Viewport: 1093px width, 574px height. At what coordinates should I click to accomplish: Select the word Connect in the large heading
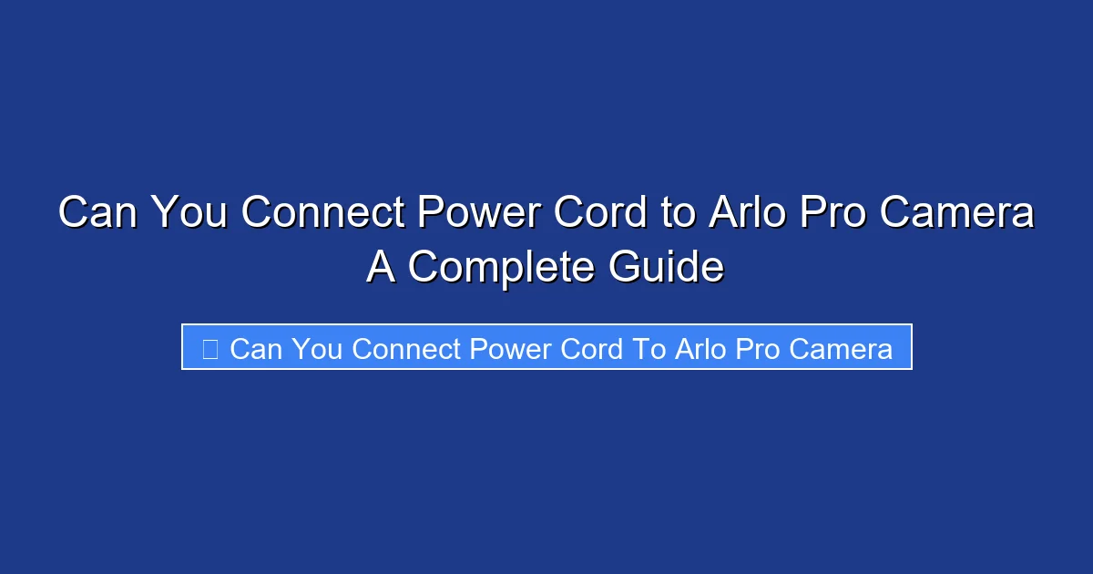pyautogui.click(x=322, y=213)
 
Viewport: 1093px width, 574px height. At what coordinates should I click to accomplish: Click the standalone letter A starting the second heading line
pyautogui.click(x=382, y=267)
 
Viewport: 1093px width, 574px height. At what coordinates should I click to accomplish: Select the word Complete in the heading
pyautogui.click(x=499, y=267)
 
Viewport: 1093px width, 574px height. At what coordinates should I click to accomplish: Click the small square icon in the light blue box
pyautogui.click(x=209, y=348)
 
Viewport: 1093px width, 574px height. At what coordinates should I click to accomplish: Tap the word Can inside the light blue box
pyautogui.click(x=256, y=348)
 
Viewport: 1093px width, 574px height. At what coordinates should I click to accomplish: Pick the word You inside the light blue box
pyautogui.click(x=318, y=348)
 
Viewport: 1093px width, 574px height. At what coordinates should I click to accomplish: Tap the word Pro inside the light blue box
pyautogui.click(x=759, y=348)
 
